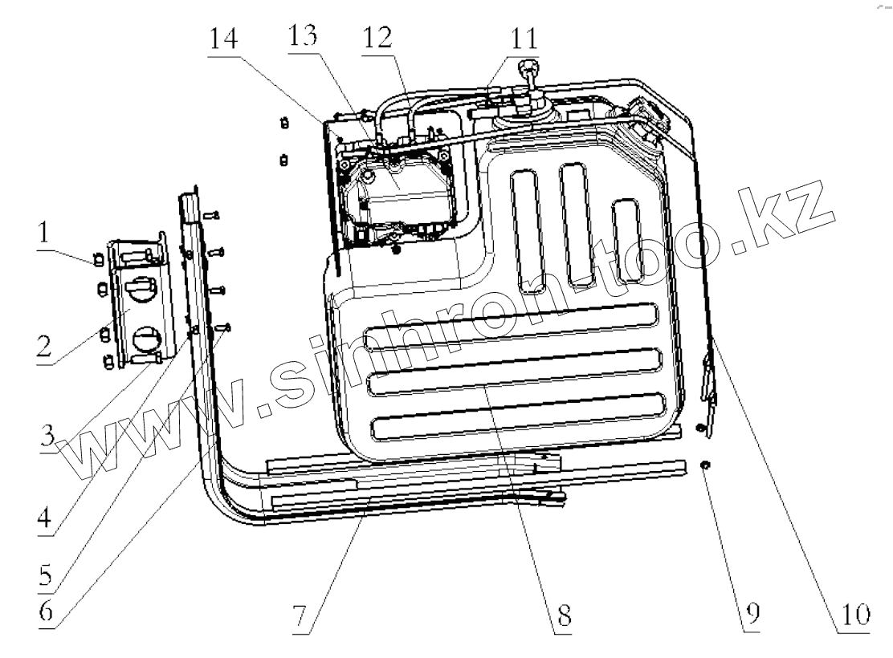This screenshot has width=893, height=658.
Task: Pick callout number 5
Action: pos(47,574)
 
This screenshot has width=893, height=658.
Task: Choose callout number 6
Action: pos(47,610)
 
